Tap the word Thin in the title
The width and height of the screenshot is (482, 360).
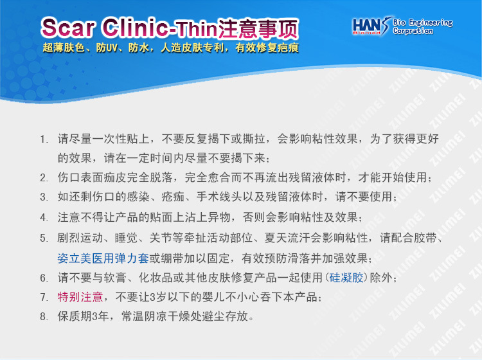click(196, 29)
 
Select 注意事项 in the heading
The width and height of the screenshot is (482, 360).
click(258, 28)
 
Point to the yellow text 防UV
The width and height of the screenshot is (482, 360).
click(107, 48)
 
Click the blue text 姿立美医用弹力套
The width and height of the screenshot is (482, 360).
click(103, 258)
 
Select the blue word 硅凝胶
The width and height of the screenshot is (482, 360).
click(346, 278)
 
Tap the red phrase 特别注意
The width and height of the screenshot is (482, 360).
click(80, 297)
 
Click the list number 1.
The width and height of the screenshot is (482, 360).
click(43, 139)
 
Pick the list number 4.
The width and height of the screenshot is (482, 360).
click(43, 218)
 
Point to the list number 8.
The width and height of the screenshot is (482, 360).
click(43, 316)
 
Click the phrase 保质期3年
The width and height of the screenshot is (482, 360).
click(83, 316)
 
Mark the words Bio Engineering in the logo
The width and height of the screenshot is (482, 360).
click(423, 22)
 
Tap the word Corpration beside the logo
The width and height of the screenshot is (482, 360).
click(413, 31)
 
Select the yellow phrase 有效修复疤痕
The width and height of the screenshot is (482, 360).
click(267, 48)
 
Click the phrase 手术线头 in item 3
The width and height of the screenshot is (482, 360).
click(219, 197)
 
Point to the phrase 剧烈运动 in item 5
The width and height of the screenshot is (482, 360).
click(80, 238)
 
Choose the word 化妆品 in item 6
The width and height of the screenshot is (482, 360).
click(156, 278)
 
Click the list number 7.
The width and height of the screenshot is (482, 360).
click(43, 297)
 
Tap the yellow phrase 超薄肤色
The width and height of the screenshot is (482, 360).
click(64, 48)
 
